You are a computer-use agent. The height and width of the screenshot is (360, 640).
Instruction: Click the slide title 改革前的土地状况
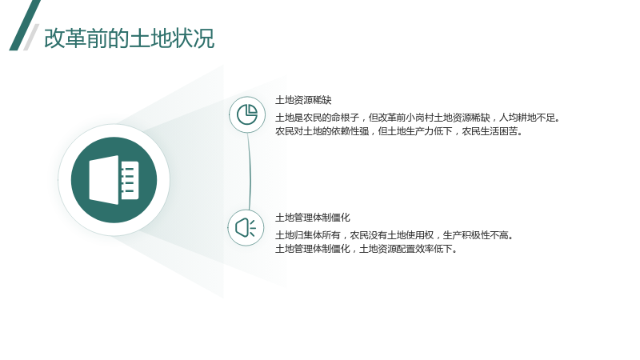point(129,38)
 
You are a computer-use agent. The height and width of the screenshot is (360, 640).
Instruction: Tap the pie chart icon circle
point(247,114)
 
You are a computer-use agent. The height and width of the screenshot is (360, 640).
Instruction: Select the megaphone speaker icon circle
point(246,228)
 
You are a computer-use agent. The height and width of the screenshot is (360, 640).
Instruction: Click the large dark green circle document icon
point(114,180)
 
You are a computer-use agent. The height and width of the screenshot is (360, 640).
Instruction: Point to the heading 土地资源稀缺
point(303,100)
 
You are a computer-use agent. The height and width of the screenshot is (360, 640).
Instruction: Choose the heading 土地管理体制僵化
point(313,218)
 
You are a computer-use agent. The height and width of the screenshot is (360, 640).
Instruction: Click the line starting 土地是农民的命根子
point(417,118)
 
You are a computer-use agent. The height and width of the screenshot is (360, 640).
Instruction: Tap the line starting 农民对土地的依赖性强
point(398,131)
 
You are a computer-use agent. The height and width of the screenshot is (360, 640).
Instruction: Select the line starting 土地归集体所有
point(394,235)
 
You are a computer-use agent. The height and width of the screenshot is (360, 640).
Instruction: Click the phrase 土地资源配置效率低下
point(408,249)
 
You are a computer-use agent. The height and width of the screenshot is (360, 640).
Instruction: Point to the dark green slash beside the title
point(25,26)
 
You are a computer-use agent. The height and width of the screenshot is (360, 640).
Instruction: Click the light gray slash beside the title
point(31,37)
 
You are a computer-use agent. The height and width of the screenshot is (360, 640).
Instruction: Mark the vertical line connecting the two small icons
point(249,171)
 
